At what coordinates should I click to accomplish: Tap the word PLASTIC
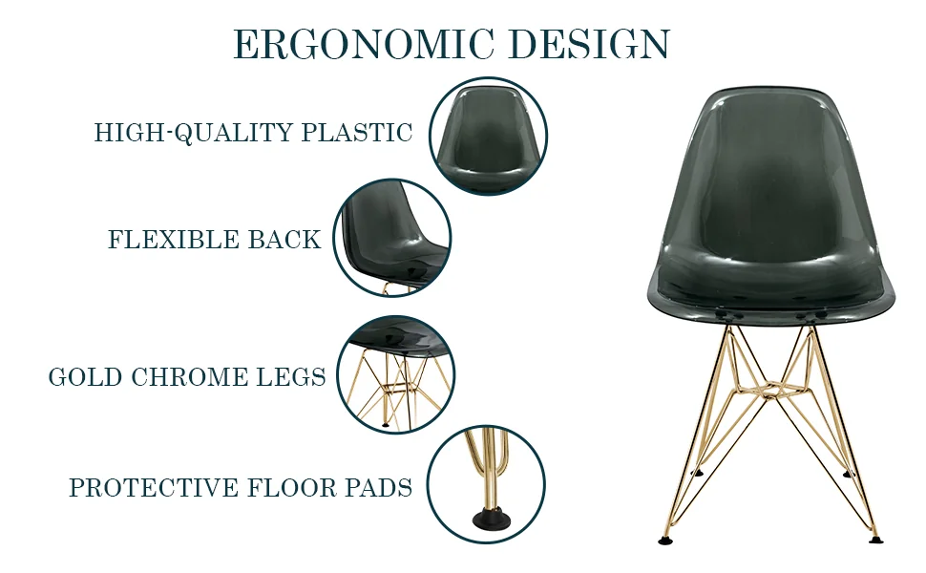click(x=357, y=133)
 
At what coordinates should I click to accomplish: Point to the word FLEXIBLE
click(x=174, y=240)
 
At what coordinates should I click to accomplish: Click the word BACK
click(x=284, y=240)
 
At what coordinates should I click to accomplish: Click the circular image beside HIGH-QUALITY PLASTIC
click(x=488, y=136)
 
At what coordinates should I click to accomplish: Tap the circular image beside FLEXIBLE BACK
click(x=392, y=237)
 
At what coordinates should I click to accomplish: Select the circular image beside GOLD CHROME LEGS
click(x=395, y=373)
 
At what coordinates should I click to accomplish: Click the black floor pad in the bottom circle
click(x=491, y=522)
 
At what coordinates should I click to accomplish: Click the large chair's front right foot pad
click(x=875, y=539)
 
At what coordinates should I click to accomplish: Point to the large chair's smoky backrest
click(x=773, y=181)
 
